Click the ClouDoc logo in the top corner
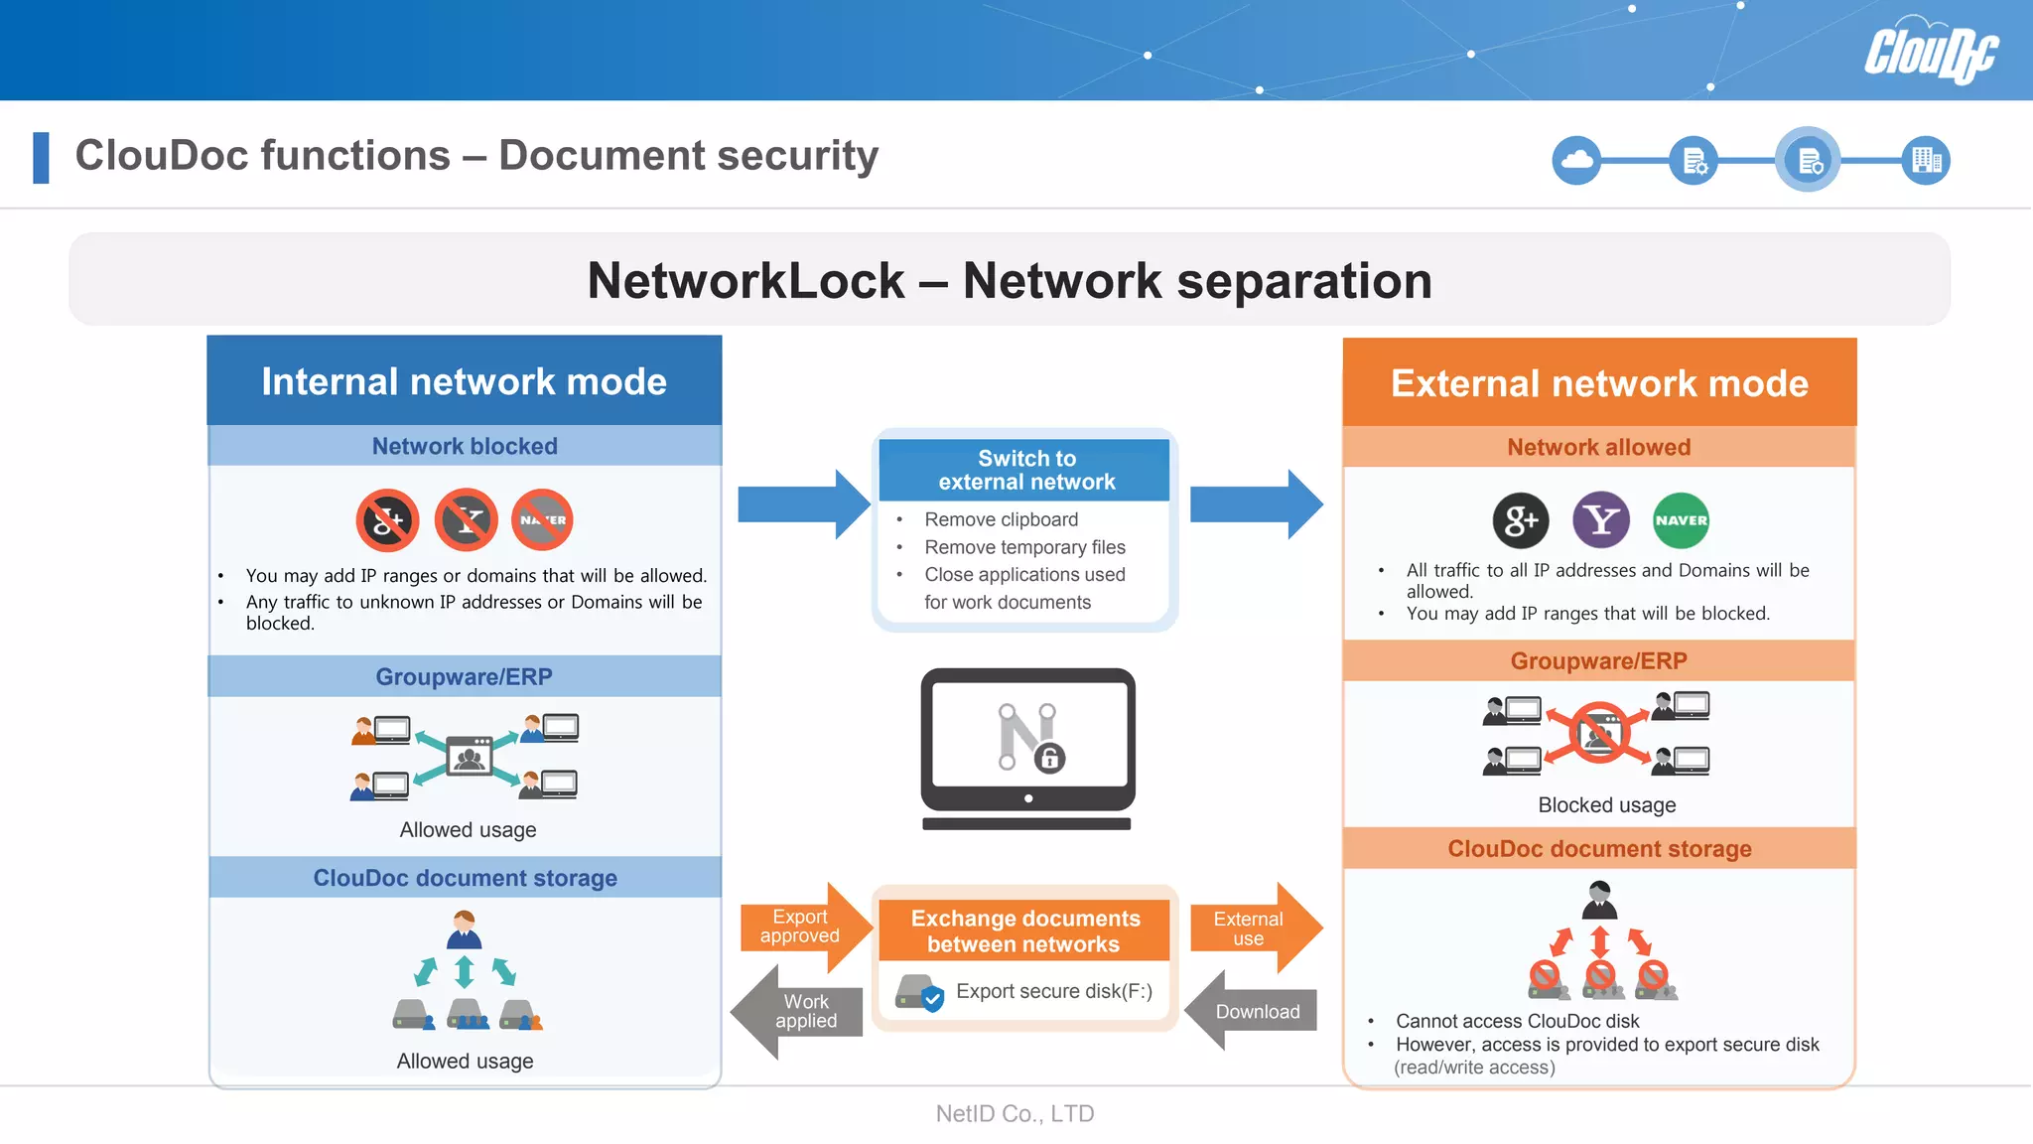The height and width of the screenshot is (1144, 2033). coord(1930,52)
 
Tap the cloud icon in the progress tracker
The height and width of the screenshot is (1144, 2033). coord(1576,160)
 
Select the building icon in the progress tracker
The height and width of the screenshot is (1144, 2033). coord(1926,160)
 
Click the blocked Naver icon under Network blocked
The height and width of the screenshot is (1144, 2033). coord(542,519)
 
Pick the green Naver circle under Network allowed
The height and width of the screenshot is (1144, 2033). coord(1681,520)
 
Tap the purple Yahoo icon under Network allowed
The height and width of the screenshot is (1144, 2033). coord(1601,519)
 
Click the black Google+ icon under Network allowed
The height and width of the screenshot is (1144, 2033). coord(1521,520)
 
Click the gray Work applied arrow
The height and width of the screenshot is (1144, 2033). coord(800,1012)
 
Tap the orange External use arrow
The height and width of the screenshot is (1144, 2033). coord(1254,929)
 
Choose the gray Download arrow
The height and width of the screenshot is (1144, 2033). coord(1254,1011)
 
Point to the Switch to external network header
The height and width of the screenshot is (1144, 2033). coord(1025,470)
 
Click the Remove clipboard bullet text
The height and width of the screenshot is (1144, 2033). coord(1001,519)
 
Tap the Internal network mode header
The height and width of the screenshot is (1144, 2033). coord(464,381)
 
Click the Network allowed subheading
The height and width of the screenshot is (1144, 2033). coord(1598,447)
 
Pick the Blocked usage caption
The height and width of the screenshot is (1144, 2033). coord(1606,805)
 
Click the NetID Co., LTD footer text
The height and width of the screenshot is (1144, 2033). coord(1015,1113)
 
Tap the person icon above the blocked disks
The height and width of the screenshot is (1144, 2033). coord(1598,900)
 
